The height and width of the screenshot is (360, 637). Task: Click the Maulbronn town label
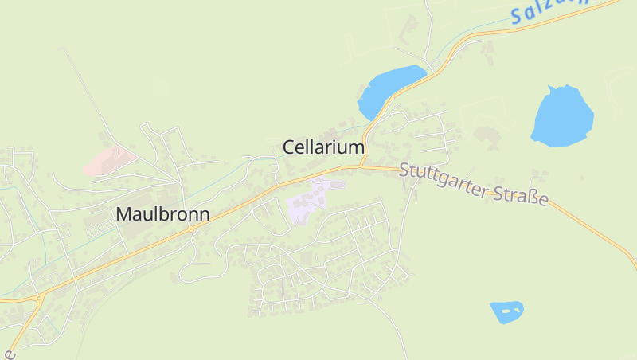(x=162, y=214)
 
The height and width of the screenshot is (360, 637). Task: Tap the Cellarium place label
(x=323, y=147)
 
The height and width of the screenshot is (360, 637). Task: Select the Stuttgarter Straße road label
(x=475, y=184)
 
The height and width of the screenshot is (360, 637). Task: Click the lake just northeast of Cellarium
(x=390, y=88)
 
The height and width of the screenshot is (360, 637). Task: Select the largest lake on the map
(x=562, y=116)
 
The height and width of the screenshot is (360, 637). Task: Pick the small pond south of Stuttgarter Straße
(x=506, y=311)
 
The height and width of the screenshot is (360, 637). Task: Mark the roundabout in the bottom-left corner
(x=38, y=299)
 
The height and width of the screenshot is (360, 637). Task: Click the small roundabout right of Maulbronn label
(x=191, y=229)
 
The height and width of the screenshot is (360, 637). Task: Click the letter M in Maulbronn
(x=123, y=214)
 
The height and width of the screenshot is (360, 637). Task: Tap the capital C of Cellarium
(x=289, y=147)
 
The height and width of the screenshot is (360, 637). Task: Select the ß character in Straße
(x=533, y=196)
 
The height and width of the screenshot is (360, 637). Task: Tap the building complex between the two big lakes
(x=487, y=135)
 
